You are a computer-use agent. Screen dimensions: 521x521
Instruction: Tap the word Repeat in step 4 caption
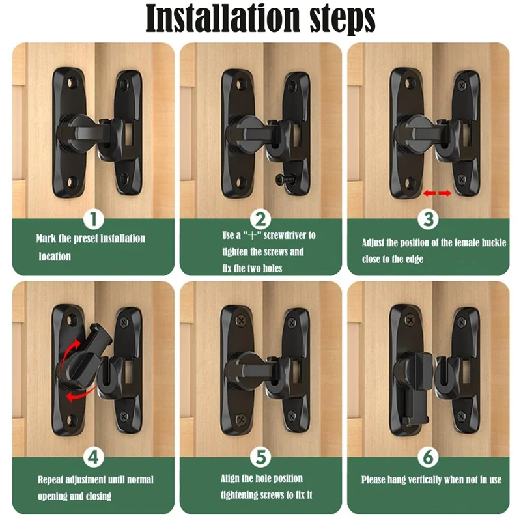pyautogui.click(x=52, y=479)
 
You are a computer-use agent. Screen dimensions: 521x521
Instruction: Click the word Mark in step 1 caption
pyautogui.click(x=45, y=239)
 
